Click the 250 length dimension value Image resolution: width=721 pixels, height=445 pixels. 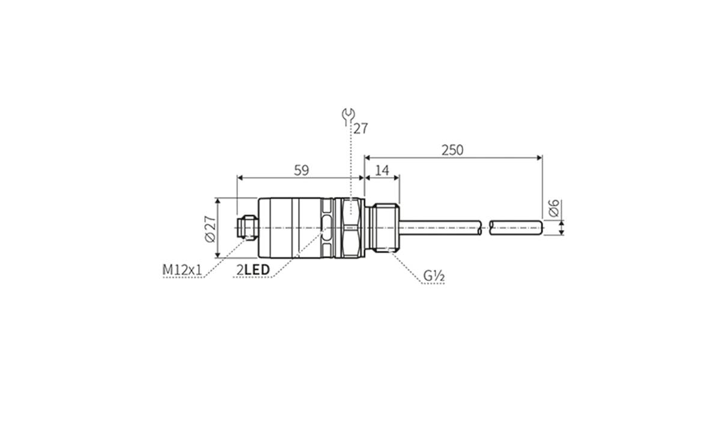click(x=452, y=150)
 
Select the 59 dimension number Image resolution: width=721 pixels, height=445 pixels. click(x=301, y=170)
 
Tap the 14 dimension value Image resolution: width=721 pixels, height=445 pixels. click(x=382, y=170)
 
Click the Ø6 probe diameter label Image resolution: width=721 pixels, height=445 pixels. click(x=554, y=208)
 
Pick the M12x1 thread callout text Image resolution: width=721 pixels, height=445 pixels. click(x=182, y=270)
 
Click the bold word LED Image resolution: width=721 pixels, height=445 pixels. click(x=257, y=270)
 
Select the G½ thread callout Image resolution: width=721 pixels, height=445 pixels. click(x=433, y=276)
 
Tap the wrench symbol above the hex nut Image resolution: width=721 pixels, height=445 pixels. click(x=348, y=116)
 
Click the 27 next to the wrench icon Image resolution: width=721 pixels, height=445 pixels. click(x=360, y=129)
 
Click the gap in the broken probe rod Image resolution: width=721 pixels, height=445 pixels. click(x=486, y=228)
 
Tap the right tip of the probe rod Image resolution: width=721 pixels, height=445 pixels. click(x=540, y=228)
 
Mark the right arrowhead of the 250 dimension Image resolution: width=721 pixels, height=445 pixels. click(x=539, y=158)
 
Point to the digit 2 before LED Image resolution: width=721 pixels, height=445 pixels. click(x=240, y=270)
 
